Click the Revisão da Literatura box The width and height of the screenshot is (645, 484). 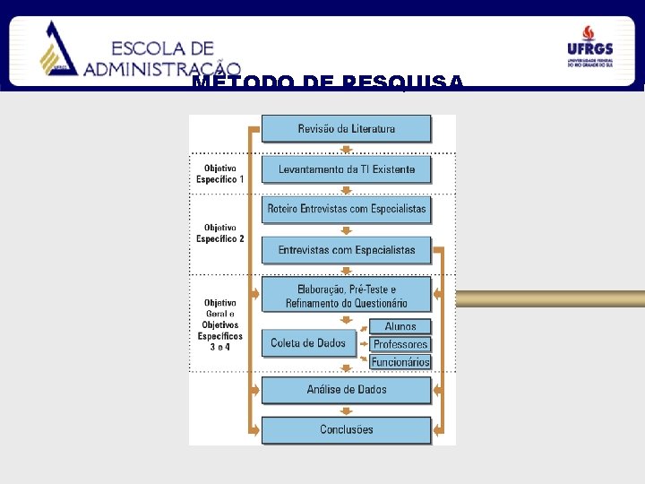coord(346,128)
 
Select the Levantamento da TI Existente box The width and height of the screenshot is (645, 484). coord(346,169)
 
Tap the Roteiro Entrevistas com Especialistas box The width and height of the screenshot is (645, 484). coord(346,210)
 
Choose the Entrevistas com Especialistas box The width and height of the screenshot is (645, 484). coord(346,250)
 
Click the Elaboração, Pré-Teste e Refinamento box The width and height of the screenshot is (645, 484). coord(346,297)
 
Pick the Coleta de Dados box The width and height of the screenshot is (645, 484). coord(307,343)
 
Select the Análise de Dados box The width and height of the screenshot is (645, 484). coord(346,390)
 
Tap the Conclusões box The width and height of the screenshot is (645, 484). coord(346,429)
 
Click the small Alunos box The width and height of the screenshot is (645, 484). coord(400,327)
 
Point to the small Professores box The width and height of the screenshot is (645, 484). coord(400,344)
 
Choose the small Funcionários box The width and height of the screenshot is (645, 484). coord(400,362)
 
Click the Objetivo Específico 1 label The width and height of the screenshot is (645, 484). coord(220,174)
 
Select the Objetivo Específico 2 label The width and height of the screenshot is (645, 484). coord(220,233)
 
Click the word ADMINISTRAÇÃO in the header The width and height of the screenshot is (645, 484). coord(162,68)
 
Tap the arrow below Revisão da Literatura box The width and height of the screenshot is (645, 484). coord(346,150)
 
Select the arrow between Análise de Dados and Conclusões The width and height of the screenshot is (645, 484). coord(346,410)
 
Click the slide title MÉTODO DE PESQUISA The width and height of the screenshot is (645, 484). coord(328,83)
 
